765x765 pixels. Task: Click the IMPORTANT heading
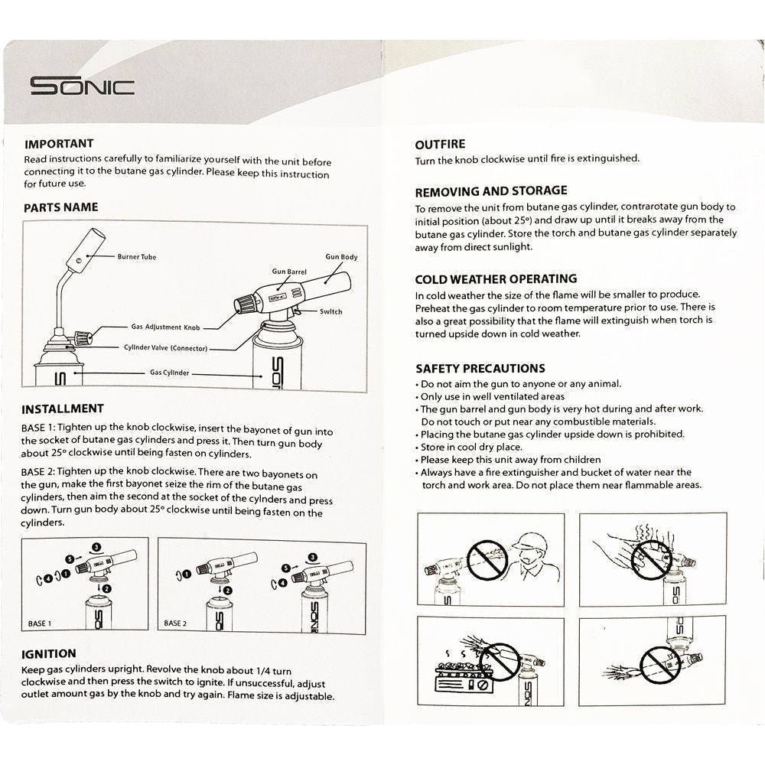59,144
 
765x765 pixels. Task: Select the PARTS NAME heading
60,207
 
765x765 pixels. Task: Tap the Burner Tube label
137,257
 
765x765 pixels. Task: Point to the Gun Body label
341,257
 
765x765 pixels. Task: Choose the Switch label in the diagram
330,311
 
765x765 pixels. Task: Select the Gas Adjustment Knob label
165,327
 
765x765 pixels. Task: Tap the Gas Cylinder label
169,373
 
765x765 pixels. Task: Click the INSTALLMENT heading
63,409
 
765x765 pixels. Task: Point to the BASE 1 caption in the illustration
40,623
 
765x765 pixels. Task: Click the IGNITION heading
49,654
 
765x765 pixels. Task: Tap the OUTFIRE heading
440,144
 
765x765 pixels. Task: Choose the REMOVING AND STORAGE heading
491,190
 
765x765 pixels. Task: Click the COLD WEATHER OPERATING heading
496,279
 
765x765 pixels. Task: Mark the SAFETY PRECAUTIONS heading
480,368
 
